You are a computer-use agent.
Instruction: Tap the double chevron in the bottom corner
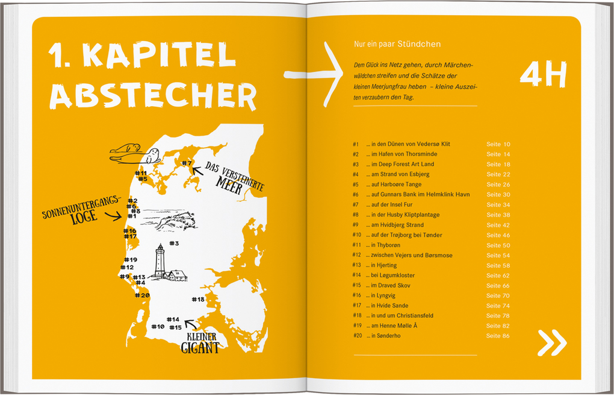[552, 343]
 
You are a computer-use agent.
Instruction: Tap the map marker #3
[174, 244]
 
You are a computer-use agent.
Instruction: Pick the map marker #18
[198, 299]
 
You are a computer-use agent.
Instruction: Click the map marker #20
[142, 295]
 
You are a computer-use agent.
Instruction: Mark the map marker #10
[158, 326]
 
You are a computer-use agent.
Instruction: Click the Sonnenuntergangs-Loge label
[80, 209]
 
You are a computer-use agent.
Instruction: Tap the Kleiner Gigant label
[200, 342]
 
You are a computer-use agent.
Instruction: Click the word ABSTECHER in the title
[153, 95]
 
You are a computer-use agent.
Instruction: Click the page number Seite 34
[498, 204]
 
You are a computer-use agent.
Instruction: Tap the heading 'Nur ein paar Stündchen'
[397, 44]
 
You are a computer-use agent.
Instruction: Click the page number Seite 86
[498, 335]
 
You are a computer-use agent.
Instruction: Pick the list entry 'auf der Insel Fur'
[392, 204]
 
